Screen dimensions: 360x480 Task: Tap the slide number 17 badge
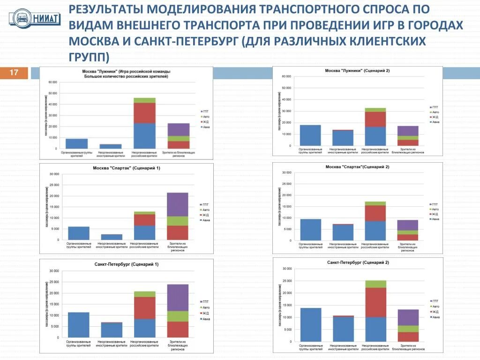(x=14, y=73)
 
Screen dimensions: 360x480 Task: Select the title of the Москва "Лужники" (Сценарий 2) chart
(x=357, y=71)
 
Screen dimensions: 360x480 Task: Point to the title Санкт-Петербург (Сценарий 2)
(x=358, y=262)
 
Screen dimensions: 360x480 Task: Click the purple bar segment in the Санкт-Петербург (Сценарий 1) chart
(x=178, y=298)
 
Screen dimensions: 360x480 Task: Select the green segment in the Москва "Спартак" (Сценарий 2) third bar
(x=375, y=203)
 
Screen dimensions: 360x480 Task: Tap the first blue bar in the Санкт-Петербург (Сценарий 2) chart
(x=311, y=324)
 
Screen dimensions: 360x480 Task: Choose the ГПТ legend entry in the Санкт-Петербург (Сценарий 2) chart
(x=435, y=301)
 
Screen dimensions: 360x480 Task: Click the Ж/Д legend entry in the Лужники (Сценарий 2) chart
(x=435, y=117)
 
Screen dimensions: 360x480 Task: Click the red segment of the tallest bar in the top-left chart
(x=144, y=113)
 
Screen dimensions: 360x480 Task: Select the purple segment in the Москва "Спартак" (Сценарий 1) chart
(x=178, y=204)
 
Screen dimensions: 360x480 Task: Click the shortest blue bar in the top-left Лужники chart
(x=111, y=146)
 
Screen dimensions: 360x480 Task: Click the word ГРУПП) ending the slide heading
(x=89, y=57)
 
